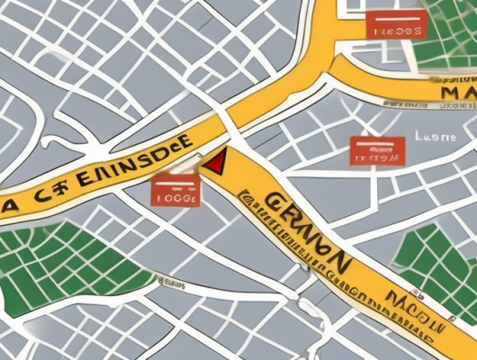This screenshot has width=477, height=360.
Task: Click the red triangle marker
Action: (x=214, y=163)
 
